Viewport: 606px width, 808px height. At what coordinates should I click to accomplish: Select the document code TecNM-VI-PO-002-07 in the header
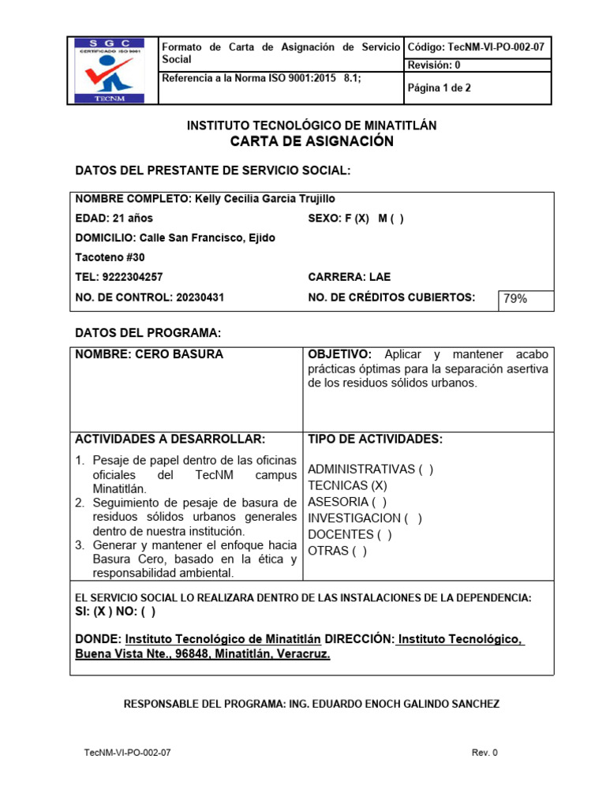(x=496, y=47)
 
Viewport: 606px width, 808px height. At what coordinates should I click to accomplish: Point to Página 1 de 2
(x=439, y=88)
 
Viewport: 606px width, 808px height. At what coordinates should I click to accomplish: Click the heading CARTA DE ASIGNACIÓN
(x=311, y=141)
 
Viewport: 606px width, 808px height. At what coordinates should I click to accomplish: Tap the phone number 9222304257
(x=133, y=277)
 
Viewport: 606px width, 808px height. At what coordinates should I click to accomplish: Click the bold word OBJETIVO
(x=339, y=354)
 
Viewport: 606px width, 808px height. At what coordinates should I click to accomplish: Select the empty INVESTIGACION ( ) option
(x=364, y=518)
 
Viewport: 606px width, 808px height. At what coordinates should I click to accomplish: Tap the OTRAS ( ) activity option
(x=337, y=551)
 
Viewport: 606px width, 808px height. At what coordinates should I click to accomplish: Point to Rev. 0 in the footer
(x=484, y=753)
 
